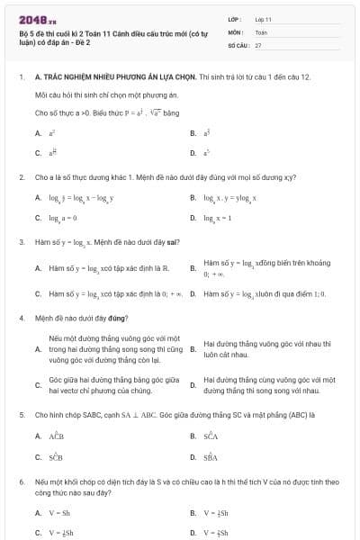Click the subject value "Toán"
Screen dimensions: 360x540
tap(261, 31)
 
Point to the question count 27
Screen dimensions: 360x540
tap(258, 43)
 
